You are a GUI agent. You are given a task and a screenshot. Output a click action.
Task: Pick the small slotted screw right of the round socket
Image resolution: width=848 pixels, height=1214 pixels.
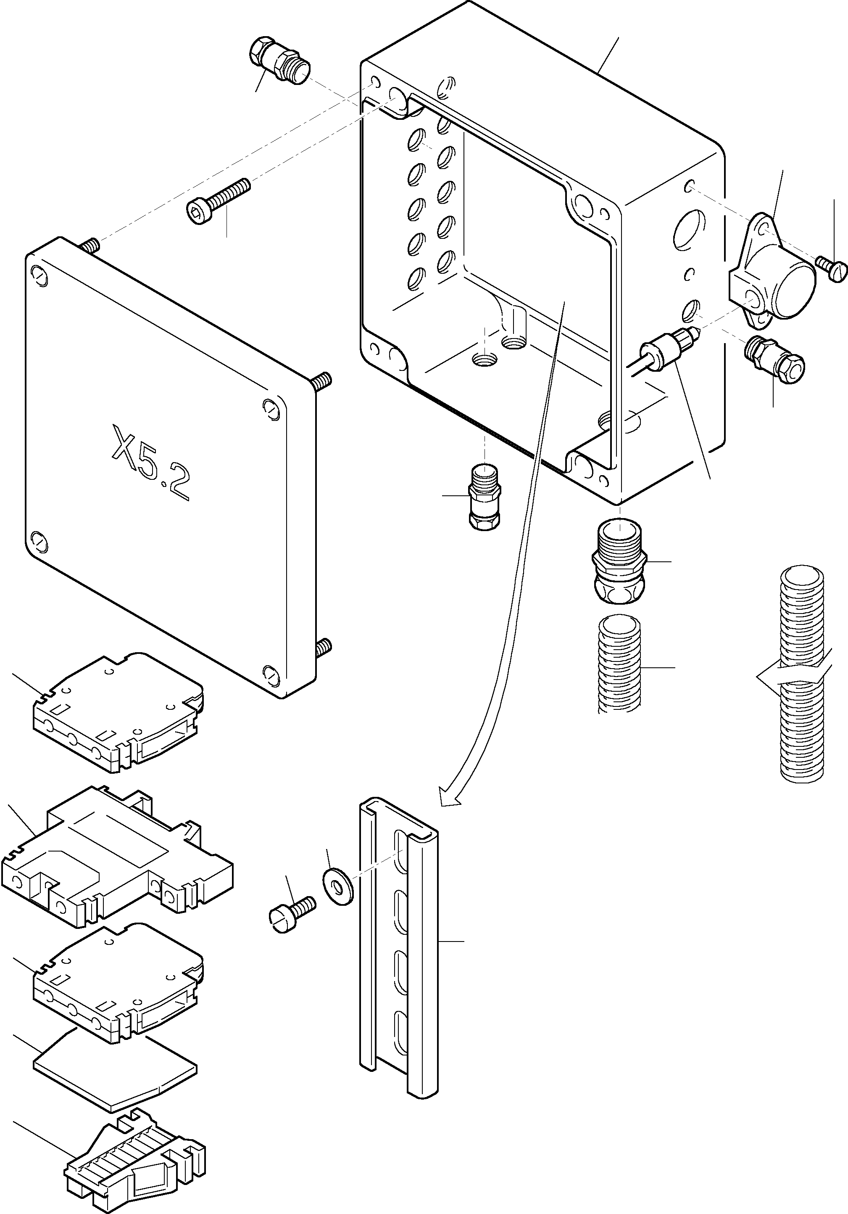(832, 268)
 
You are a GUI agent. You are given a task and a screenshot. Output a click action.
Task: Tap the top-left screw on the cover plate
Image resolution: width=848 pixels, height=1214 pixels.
(39, 275)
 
